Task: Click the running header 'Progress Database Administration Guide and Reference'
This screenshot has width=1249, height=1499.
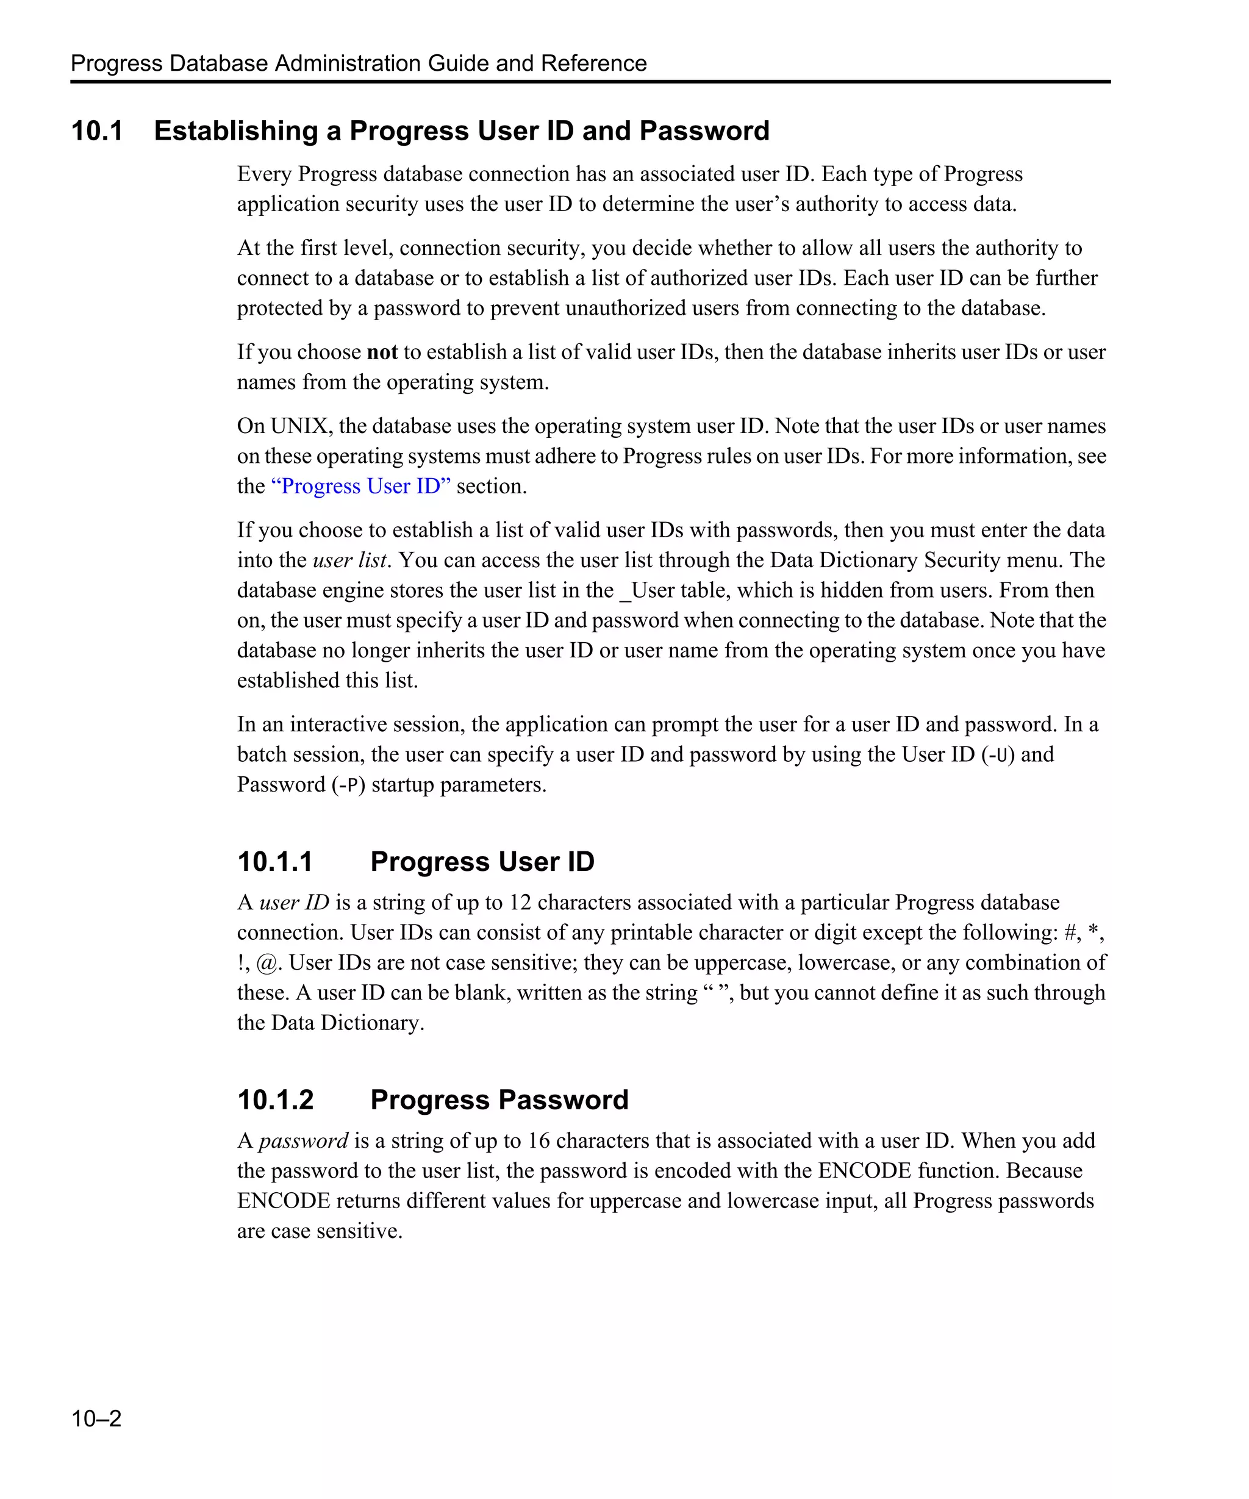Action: point(358,63)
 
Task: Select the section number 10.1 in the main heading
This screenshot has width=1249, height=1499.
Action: point(97,131)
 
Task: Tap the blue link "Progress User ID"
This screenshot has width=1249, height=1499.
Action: point(360,486)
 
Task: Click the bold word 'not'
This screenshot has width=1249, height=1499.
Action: point(382,352)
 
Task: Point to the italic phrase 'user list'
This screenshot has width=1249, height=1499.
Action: point(349,560)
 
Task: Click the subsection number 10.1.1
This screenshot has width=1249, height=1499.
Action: point(275,862)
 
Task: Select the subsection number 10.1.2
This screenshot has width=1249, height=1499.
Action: point(275,1100)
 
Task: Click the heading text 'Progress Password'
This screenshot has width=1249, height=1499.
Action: point(499,1100)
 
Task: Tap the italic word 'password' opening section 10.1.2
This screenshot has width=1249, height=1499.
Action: point(303,1140)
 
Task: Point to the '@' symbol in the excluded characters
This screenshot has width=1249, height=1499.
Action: point(267,963)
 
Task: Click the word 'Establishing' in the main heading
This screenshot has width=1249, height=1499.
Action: point(235,131)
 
